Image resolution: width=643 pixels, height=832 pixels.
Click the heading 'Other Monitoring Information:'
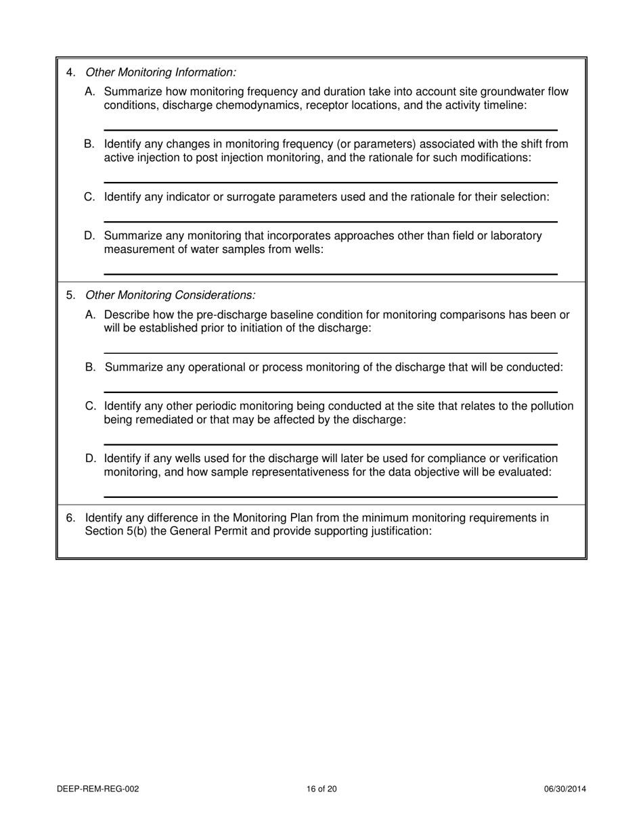tap(160, 72)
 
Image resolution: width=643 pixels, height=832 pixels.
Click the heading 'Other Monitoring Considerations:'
tap(170, 296)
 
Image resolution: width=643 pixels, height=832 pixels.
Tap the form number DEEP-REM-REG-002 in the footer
tap(98, 789)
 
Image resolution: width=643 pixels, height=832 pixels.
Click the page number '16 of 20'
tap(321, 789)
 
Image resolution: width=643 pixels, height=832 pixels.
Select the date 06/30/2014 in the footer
tap(565, 789)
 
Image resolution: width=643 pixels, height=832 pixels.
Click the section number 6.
tap(70, 518)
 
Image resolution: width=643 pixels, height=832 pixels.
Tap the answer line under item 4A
tap(330, 129)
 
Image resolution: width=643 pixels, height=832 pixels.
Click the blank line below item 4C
tap(330, 221)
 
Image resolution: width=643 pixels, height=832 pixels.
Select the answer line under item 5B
tap(330, 392)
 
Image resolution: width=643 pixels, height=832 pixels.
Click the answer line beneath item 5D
tap(330, 497)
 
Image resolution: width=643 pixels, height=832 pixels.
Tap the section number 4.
tap(70, 72)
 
